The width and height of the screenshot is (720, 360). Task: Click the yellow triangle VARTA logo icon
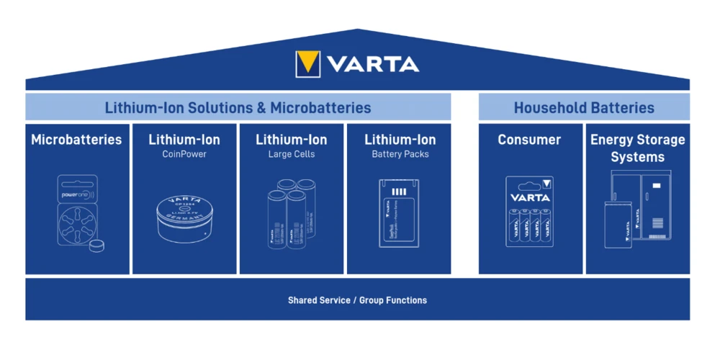(308, 64)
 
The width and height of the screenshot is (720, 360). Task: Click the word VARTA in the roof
(373, 64)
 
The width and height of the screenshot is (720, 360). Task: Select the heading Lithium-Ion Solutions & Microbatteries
(238, 108)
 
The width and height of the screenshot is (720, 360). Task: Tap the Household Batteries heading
(584, 108)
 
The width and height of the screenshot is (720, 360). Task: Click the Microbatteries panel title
(76, 140)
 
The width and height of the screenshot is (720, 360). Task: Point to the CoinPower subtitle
(184, 154)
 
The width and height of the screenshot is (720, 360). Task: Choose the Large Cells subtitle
(292, 154)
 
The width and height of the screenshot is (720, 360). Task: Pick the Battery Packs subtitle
(400, 154)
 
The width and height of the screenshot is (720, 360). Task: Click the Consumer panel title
(529, 140)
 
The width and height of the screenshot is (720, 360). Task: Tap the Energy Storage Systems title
(637, 148)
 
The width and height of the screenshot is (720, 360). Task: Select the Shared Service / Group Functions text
(357, 300)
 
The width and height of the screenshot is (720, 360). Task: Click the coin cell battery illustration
(184, 217)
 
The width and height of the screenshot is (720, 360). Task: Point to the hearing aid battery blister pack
(77, 212)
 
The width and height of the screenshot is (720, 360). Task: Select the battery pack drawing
(400, 213)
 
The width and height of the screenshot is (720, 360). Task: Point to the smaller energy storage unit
(618, 225)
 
